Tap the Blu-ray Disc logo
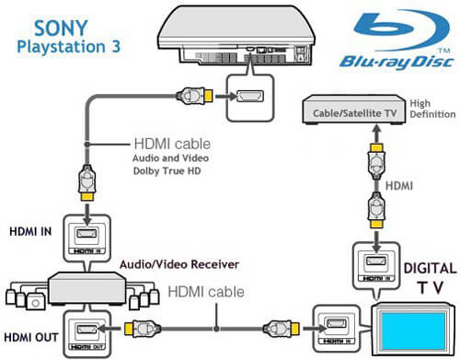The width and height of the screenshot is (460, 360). pyautogui.click(x=396, y=42)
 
